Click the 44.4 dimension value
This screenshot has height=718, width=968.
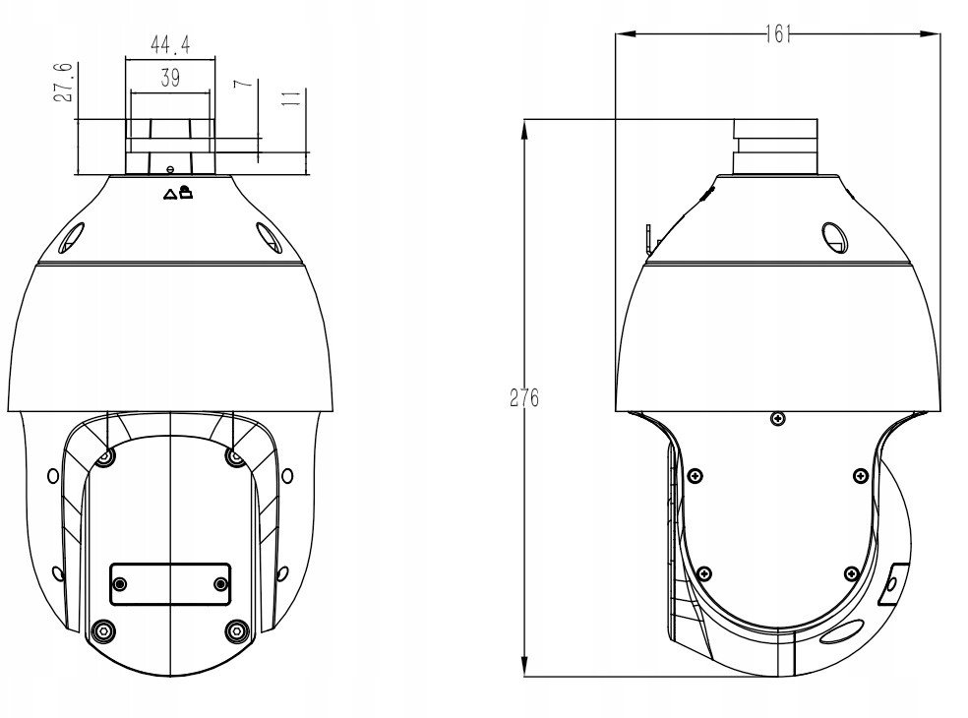(x=170, y=45)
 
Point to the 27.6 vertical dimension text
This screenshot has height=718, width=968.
(x=63, y=84)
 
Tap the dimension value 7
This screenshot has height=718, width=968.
(x=241, y=84)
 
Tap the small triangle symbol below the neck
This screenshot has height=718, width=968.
(x=169, y=194)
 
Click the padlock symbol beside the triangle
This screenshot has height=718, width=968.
(x=186, y=192)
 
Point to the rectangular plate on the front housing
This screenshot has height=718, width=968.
(x=170, y=584)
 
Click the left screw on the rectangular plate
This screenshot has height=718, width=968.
(x=120, y=584)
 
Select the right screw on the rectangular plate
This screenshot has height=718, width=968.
(x=221, y=584)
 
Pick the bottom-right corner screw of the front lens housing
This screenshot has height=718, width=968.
(x=235, y=629)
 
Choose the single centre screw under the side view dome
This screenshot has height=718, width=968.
(x=778, y=420)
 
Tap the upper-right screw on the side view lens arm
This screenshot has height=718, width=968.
(x=860, y=476)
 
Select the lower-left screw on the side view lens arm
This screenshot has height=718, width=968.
(x=701, y=573)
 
